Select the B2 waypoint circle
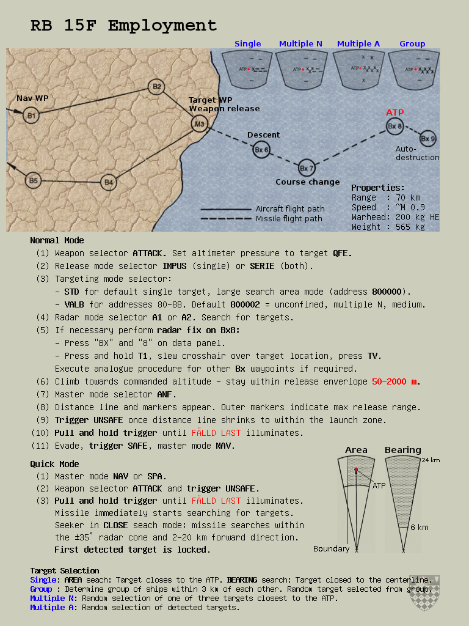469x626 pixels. click(x=157, y=87)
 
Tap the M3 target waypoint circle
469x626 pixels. click(x=199, y=125)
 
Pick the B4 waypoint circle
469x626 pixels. click(x=108, y=182)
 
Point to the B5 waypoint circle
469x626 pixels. click(x=34, y=180)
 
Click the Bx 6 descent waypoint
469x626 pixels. click(x=261, y=150)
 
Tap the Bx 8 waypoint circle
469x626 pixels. click(x=395, y=127)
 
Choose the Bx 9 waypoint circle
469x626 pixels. click(x=428, y=139)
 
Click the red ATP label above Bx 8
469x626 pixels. click(x=394, y=113)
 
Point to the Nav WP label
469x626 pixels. click(x=32, y=98)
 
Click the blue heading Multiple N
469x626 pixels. click(x=300, y=44)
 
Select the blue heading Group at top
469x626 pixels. click(x=412, y=44)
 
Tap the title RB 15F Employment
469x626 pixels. click(x=124, y=26)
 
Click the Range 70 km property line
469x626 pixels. click(x=386, y=197)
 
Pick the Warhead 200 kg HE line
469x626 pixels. click(x=395, y=217)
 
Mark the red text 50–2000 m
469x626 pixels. click(x=396, y=381)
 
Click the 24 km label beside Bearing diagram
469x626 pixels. click(x=431, y=460)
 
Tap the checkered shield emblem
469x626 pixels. click(x=424, y=593)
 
